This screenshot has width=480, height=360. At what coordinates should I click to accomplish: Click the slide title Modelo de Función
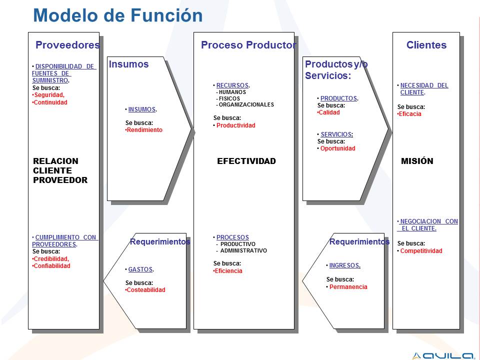(x=118, y=15)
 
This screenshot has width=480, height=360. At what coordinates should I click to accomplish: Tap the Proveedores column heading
(x=67, y=45)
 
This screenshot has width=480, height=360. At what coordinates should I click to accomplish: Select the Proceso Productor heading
(x=248, y=45)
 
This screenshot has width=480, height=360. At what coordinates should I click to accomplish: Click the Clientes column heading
(x=426, y=45)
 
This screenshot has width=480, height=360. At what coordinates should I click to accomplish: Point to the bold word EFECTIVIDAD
(x=246, y=161)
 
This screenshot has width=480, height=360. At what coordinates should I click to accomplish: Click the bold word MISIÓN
(x=417, y=161)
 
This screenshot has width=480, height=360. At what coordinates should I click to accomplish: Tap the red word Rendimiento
(x=144, y=130)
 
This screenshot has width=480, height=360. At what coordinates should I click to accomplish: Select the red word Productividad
(x=235, y=125)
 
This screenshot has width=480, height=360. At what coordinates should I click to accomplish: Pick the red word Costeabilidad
(x=146, y=290)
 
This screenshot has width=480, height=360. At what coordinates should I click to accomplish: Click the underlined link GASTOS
(x=140, y=269)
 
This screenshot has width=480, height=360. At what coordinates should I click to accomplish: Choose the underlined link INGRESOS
(x=344, y=265)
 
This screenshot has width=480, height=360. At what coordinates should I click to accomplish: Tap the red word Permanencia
(x=348, y=287)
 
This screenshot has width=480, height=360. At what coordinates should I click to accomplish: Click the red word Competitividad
(x=421, y=250)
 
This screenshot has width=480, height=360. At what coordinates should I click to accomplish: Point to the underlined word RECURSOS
(x=232, y=85)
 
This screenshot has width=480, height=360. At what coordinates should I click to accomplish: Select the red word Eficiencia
(x=228, y=271)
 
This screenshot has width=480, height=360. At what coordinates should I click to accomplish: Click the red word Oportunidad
(x=337, y=148)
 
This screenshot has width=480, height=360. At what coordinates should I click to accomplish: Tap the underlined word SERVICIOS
(x=336, y=134)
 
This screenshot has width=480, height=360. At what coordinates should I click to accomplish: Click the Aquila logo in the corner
(x=443, y=355)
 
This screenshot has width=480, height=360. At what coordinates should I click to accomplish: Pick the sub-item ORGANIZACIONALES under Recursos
(x=246, y=104)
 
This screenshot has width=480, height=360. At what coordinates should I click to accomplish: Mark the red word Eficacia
(x=410, y=114)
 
